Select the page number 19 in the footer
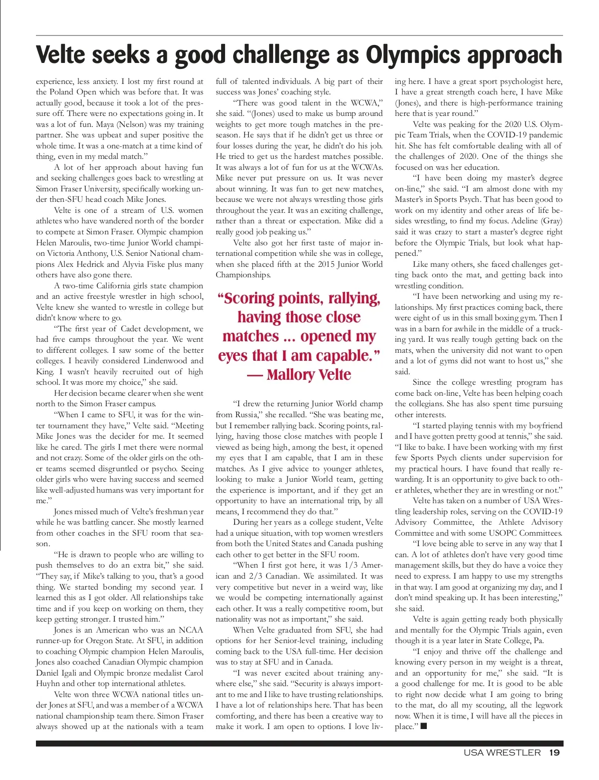click(554, 753)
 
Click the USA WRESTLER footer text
click(502, 753)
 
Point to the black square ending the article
click(424, 726)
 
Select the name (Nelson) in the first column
click(134, 124)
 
